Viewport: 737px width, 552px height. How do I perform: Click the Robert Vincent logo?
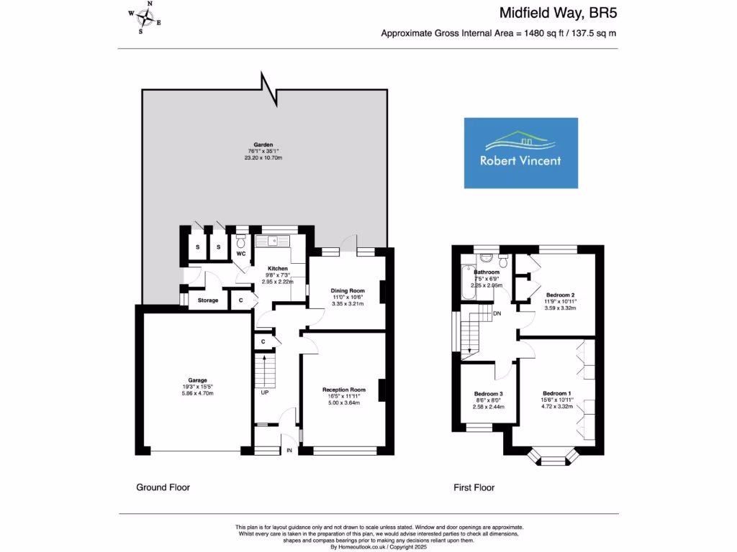coord(520,153)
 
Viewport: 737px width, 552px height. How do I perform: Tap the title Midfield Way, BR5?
coord(559,12)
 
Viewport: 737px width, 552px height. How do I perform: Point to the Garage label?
coord(198,380)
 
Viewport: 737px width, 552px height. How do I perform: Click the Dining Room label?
coord(348,290)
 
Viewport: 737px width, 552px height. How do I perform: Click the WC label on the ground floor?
coord(241,254)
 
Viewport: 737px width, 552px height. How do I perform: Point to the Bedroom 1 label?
coord(556,393)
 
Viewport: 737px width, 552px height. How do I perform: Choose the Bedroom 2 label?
coord(560,295)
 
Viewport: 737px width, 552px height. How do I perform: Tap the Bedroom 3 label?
coord(488,394)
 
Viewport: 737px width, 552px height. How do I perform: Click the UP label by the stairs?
coord(264,393)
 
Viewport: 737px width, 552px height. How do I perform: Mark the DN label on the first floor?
coord(497,313)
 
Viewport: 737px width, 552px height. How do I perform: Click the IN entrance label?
coord(289,451)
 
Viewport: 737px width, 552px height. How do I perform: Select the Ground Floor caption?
coord(163,487)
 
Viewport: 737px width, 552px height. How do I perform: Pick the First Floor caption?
coord(474,487)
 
